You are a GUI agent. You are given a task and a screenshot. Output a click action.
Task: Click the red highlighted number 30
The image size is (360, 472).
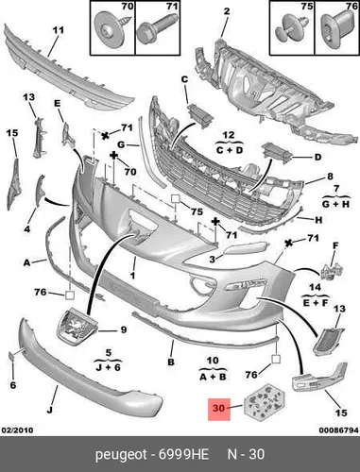pyautogui.click(x=219, y=409)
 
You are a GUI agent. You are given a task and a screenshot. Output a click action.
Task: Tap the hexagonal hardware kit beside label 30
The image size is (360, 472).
pyautogui.click(x=265, y=402)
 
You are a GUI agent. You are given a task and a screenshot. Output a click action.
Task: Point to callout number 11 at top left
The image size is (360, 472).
pyautogui.click(x=58, y=30)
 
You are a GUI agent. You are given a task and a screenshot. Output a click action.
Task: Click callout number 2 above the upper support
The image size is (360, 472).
pyautogui.click(x=227, y=11)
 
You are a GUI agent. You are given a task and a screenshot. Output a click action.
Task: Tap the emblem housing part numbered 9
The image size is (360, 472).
pyautogui.click(x=77, y=328)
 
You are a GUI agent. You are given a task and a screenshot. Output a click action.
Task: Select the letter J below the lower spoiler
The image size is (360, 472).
pyautogui.click(x=49, y=410)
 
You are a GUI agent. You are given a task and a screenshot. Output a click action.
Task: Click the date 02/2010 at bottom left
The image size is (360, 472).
pyautogui.click(x=17, y=430)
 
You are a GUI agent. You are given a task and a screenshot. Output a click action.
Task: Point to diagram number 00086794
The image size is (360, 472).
pyautogui.click(x=338, y=430)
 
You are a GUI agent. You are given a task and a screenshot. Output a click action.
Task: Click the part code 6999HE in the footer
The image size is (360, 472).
pyautogui.click(x=183, y=454)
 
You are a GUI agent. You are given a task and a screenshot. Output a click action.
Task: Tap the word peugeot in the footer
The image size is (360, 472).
pyautogui.click(x=121, y=455)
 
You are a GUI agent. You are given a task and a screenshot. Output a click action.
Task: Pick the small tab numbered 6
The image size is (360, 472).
pyautogui.click(x=11, y=355)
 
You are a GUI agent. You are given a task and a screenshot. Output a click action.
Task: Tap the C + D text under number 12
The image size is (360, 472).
pyautogui.click(x=230, y=150)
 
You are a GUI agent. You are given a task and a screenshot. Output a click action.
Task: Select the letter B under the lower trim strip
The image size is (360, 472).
pyautogui.click(x=171, y=362)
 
